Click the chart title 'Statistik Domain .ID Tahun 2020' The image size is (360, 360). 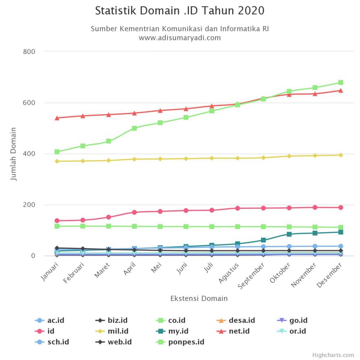(x=180, y=11)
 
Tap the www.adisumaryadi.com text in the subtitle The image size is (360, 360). (x=180, y=38)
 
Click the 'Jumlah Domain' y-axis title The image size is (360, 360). (x=14, y=153)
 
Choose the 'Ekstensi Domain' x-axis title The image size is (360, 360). (x=199, y=298)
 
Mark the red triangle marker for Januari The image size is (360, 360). (x=57, y=118)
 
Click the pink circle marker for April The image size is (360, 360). (x=134, y=212)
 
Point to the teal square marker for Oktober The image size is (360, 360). (x=289, y=234)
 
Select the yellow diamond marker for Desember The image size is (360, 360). (x=341, y=155)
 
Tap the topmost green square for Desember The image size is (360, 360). (x=341, y=82)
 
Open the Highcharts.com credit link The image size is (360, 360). (x=333, y=355)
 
